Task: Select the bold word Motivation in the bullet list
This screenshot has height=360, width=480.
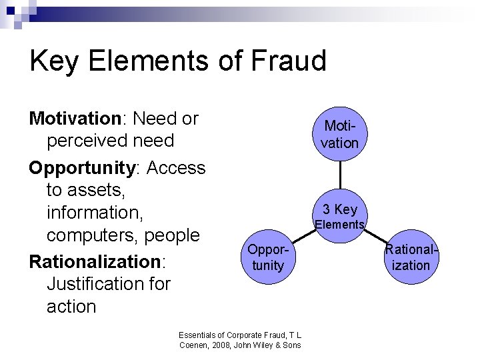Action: pyautogui.click(x=74, y=119)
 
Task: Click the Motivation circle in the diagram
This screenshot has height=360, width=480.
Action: pyautogui.click(x=341, y=135)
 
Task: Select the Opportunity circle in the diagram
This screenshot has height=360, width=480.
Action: pyautogui.click(x=265, y=258)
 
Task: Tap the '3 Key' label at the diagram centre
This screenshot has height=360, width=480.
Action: pyautogui.click(x=340, y=209)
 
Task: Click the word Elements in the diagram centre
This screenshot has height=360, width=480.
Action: pyautogui.click(x=340, y=225)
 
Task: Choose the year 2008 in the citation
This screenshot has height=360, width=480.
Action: pyautogui.click(x=219, y=345)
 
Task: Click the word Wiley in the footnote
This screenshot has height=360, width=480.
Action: pyautogui.click(x=271, y=345)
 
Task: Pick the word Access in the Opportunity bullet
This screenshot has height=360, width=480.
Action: pyautogui.click(x=176, y=167)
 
